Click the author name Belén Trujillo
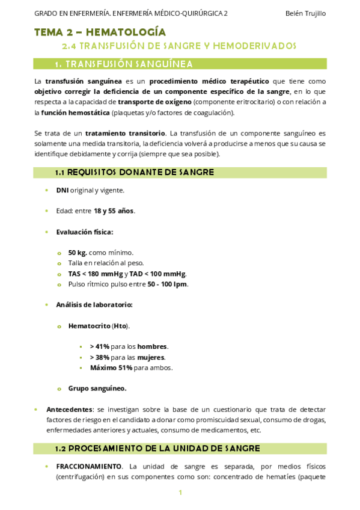click(x=307, y=13)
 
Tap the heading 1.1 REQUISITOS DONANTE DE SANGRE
click(x=134, y=173)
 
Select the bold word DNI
click(x=63, y=191)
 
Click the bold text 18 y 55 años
click(x=114, y=211)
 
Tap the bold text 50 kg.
click(x=78, y=253)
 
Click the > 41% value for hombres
click(x=100, y=346)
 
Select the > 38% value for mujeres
click(x=100, y=357)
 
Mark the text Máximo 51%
click(x=111, y=367)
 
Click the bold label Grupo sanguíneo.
click(x=97, y=389)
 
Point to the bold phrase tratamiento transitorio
click(x=125, y=133)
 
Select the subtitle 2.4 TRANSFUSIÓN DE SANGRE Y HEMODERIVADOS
click(x=180, y=46)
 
